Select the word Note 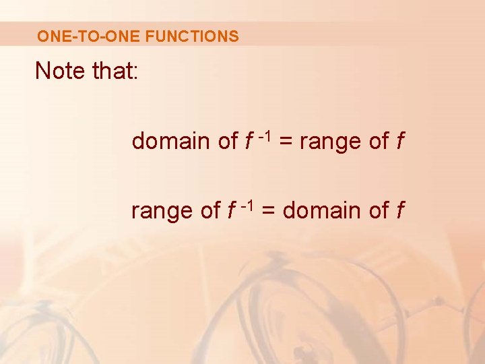(59, 70)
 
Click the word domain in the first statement (170, 141)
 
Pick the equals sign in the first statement (286, 142)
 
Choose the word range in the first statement (330, 142)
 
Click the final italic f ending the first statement (401, 141)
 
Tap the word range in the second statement (162, 212)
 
